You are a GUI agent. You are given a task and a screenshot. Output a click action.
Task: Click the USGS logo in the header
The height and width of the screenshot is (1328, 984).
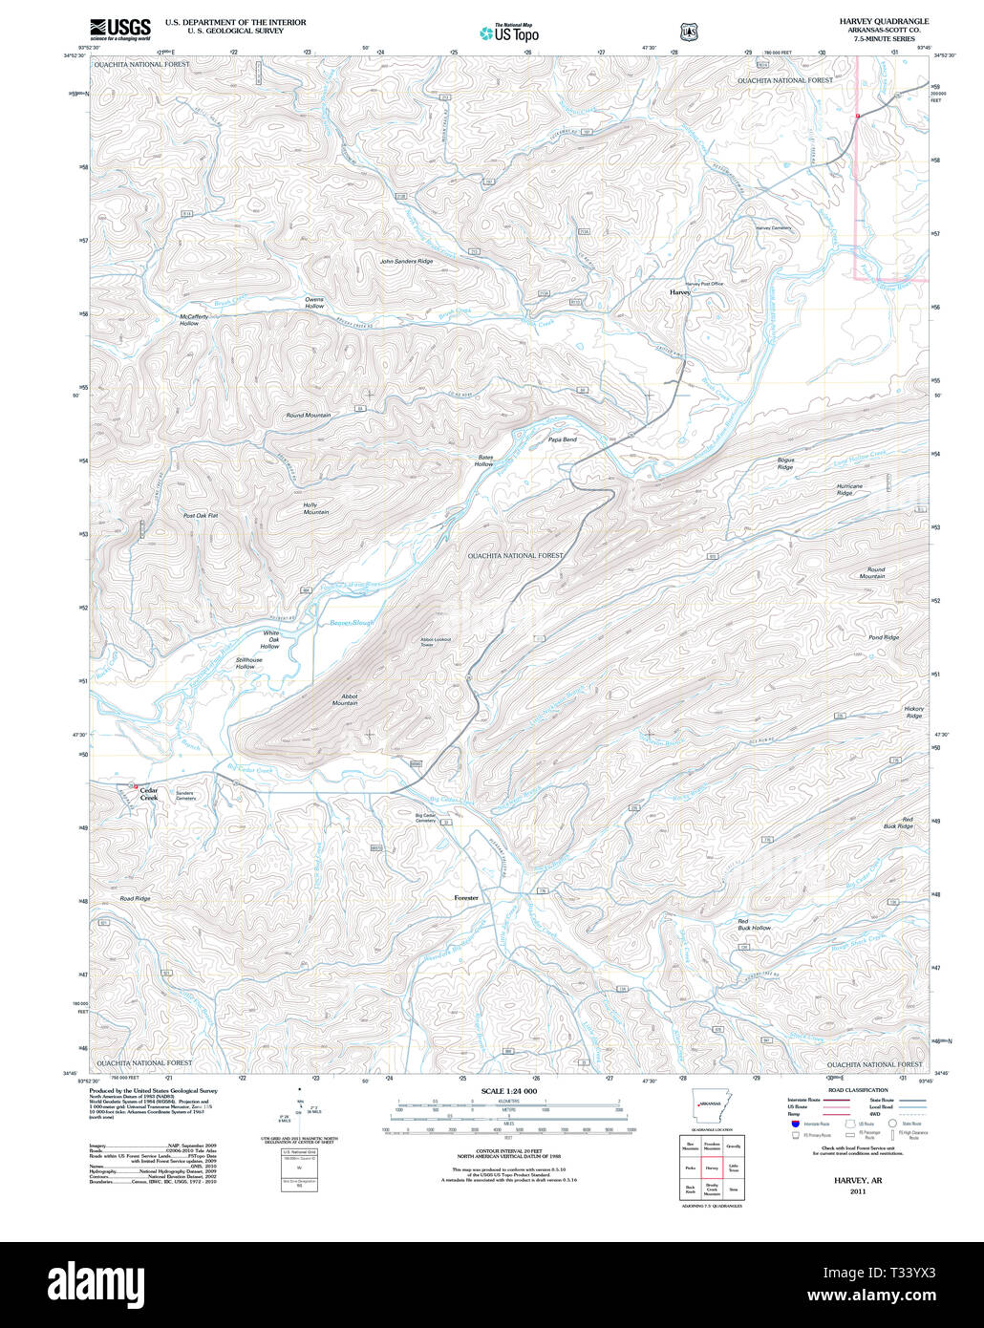coord(119,29)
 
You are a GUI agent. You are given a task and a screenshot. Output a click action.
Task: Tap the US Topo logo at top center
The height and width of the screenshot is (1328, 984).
coord(510,32)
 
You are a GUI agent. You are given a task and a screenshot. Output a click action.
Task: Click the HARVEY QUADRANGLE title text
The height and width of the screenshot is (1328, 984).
coord(884,21)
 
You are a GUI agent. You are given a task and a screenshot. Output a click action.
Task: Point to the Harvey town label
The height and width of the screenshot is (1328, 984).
coord(679,292)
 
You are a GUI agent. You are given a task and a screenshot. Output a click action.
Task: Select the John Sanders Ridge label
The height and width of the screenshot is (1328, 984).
coord(406,261)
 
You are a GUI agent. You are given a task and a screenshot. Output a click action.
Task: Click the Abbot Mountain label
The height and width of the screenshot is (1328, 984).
coord(345,699)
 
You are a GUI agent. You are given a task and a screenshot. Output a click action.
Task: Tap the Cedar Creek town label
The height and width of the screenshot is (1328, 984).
coord(148,793)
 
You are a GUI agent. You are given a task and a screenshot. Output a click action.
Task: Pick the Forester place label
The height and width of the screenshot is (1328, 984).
coord(466,898)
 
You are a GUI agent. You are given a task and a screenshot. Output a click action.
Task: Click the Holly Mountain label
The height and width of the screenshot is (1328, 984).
coord(316,507)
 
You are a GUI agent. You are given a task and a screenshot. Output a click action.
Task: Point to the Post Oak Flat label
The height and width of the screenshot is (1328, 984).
coord(201,515)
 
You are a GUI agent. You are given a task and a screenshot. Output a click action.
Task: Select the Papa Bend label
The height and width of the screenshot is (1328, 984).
coord(562,439)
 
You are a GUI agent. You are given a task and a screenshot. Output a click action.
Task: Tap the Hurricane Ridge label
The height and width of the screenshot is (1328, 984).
coord(849,489)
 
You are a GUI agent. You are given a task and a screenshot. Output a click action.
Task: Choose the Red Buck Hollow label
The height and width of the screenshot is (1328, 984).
coord(754,924)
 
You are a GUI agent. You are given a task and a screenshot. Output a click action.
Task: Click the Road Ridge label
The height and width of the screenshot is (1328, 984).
coord(135,899)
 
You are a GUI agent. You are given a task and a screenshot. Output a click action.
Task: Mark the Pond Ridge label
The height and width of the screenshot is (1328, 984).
coord(884,637)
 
